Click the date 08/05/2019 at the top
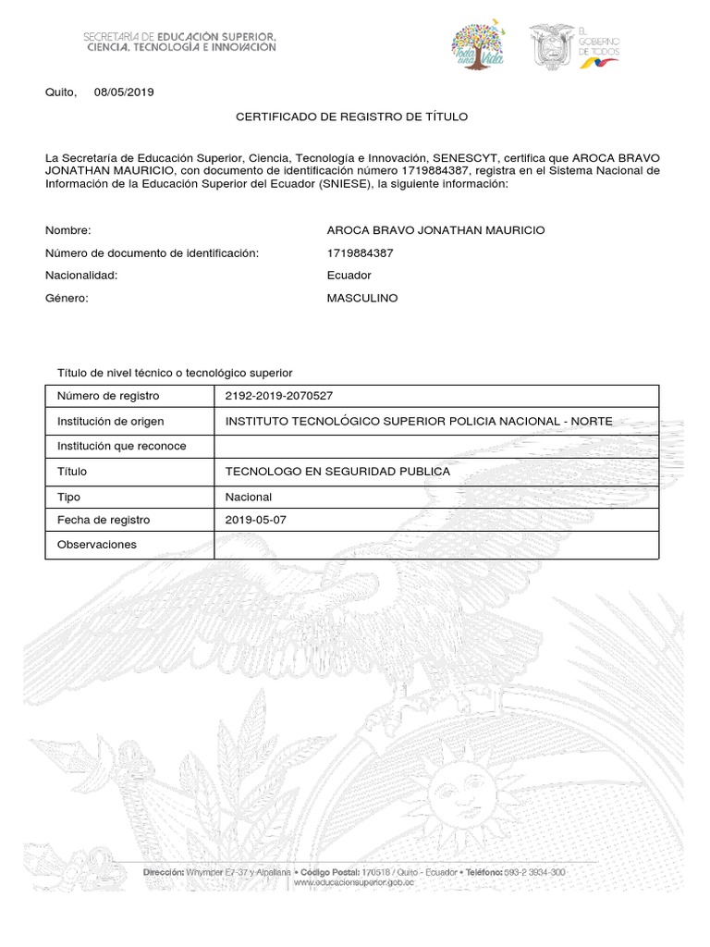[124, 92]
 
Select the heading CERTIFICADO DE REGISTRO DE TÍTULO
[352, 117]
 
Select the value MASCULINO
[362, 299]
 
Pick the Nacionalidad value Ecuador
[349, 276]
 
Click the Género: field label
[67, 299]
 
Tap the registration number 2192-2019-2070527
[279, 396]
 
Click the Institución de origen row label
[110, 422]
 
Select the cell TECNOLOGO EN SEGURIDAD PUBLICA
[337, 472]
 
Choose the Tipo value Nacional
[249, 497]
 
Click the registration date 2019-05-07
[256, 520]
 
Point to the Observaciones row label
[96, 545]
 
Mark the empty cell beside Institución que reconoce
[435, 447]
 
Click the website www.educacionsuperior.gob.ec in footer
[353, 883]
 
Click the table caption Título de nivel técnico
[175, 373]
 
